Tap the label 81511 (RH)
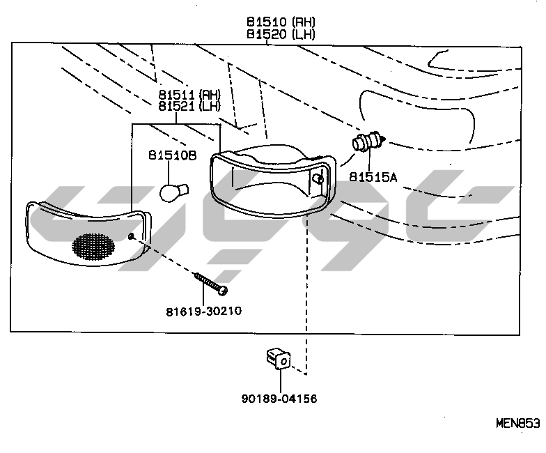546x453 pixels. [189, 94]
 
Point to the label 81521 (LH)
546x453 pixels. [189, 105]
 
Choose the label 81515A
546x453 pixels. [373, 177]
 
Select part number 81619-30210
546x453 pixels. [203, 311]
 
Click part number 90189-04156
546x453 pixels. [279, 399]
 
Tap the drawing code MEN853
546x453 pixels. [517, 423]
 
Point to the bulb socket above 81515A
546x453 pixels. [368, 143]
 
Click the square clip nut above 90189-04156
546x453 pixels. [279, 359]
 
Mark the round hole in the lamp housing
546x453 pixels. [318, 179]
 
